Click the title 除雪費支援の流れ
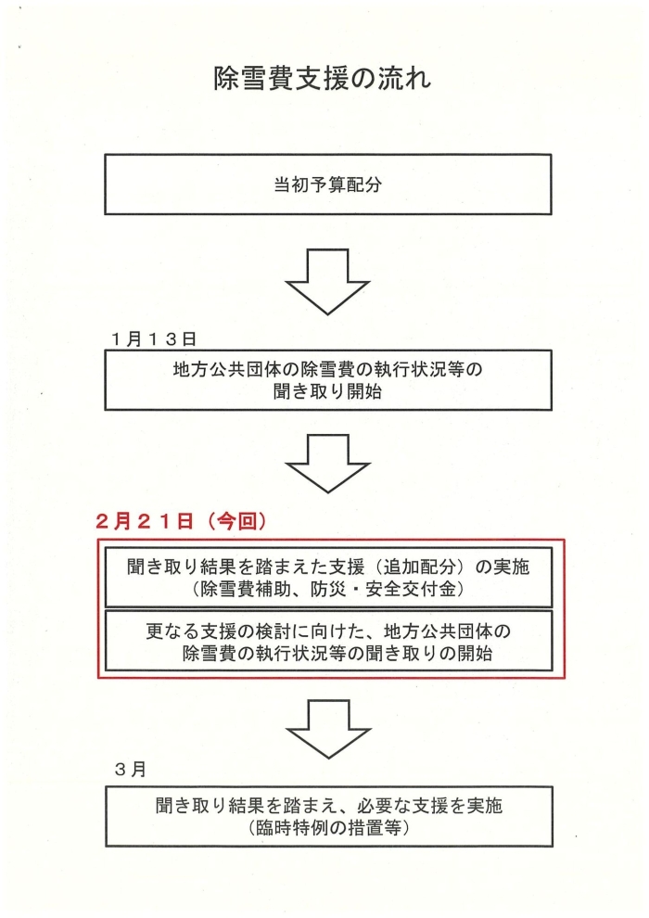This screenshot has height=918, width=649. (322, 79)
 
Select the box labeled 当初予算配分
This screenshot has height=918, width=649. (327, 185)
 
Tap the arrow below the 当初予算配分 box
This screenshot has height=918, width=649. (327, 282)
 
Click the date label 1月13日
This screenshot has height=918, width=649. (154, 339)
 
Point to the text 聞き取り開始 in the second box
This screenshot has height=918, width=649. (327, 391)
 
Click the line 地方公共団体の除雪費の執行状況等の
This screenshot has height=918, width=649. (327, 370)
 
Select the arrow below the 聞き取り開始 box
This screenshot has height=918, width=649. (327, 464)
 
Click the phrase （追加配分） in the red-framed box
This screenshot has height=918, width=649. (419, 567)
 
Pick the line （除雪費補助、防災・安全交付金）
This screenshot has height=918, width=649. (327, 589)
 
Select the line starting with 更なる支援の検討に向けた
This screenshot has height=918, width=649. (327, 631)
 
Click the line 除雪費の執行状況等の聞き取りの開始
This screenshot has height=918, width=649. (337, 653)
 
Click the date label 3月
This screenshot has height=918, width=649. (131, 770)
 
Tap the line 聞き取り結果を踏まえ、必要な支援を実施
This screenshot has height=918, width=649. (329, 806)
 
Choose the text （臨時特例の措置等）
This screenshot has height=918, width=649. (328, 828)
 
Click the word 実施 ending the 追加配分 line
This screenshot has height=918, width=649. (511, 567)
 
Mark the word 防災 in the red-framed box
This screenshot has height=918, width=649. (329, 589)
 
